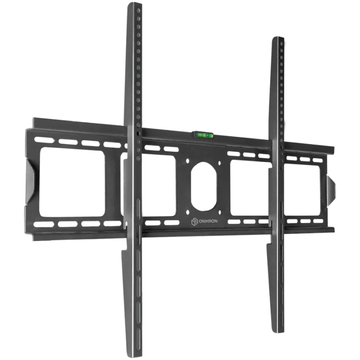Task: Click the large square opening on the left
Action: (x=72, y=182)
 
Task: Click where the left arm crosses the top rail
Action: (x=134, y=135)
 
